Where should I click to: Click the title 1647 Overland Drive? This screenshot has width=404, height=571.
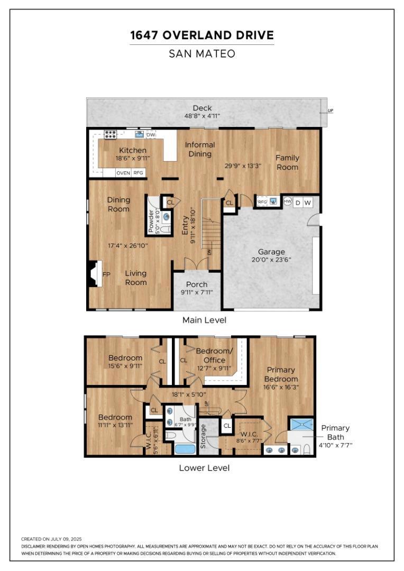tap(202, 35)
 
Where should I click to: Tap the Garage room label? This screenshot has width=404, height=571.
tap(271, 252)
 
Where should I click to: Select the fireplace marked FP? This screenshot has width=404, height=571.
tap(94, 274)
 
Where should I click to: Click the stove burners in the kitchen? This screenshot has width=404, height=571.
tap(111, 134)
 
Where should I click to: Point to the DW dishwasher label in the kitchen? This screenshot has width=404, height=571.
tap(151, 135)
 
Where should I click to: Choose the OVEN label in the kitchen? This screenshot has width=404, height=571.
tap(123, 173)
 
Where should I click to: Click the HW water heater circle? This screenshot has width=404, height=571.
tap(288, 201)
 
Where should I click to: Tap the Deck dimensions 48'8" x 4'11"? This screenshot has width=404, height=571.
tap(202, 116)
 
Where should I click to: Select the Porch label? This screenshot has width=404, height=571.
tap(197, 284)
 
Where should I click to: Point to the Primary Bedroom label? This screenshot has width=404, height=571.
tap(281, 374)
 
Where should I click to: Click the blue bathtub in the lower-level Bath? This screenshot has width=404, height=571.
tap(185, 448)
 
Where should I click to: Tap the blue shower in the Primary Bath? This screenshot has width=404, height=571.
tap(301, 424)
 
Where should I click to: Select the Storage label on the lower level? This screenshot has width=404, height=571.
tap(203, 436)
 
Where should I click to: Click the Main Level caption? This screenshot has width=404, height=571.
tap(204, 320)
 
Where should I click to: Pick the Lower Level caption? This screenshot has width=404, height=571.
tap(204, 468)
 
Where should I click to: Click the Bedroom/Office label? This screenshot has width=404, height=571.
tap(214, 355)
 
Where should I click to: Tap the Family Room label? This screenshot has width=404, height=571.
tap(288, 162)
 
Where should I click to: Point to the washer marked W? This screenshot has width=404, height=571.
tap(308, 202)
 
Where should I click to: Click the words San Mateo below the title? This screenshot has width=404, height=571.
tap(202, 54)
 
